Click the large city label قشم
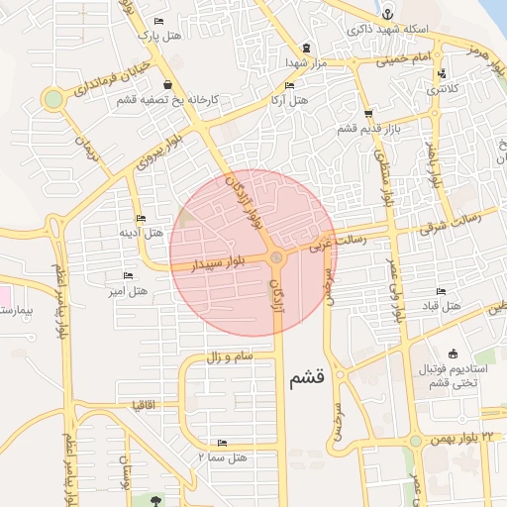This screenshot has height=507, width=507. (x=307, y=380)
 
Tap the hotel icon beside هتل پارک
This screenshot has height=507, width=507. (x=158, y=22)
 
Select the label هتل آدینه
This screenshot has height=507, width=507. (x=141, y=233)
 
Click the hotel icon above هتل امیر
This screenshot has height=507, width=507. (x=127, y=275)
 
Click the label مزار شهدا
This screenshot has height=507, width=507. (x=306, y=61)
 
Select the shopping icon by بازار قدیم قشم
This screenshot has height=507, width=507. (x=368, y=114)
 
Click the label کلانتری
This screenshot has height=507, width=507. (x=443, y=89)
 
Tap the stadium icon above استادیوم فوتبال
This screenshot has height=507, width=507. (x=454, y=355)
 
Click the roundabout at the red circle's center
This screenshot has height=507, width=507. (x=277, y=258)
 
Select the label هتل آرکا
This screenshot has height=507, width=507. (x=289, y=101)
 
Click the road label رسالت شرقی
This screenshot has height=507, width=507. (x=450, y=224)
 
